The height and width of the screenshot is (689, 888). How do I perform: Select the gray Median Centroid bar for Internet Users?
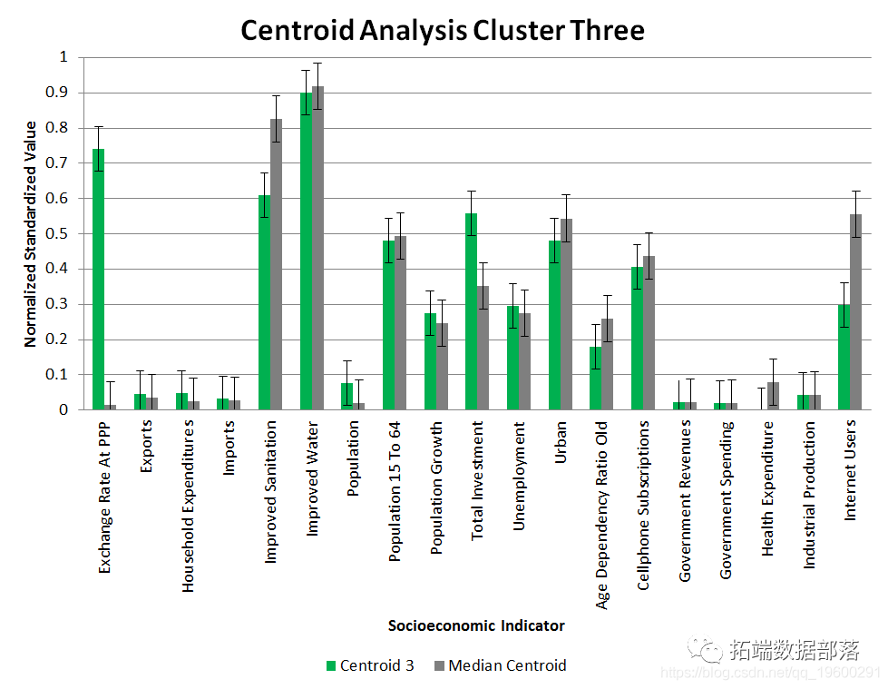[x=855, y=312]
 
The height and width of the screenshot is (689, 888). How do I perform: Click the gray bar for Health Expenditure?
[x=773, y=396]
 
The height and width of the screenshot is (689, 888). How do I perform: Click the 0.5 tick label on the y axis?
[x=58, y=233]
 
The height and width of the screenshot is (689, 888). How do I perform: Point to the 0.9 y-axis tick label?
[x=58, y=93]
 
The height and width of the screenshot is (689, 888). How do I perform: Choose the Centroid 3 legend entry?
[x=369, y=665]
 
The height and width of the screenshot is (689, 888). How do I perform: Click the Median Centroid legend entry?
[x=498, y=665]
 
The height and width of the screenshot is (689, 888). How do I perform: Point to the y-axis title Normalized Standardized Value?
[x=31, y=234]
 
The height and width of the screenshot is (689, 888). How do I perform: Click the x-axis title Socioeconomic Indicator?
[x=476, y=625]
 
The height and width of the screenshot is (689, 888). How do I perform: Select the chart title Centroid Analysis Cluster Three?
[x=443, y=30]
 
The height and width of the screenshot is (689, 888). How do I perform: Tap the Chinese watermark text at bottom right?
[x=795, y=650]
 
